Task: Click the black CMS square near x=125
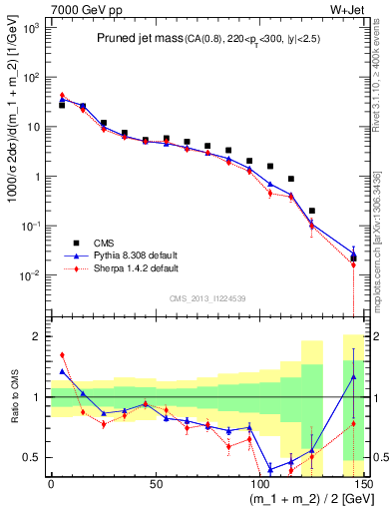[x=312, y=211]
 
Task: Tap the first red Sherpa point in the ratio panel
[x=62, y=354]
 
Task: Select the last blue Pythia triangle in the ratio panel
[x=353, y=377]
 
